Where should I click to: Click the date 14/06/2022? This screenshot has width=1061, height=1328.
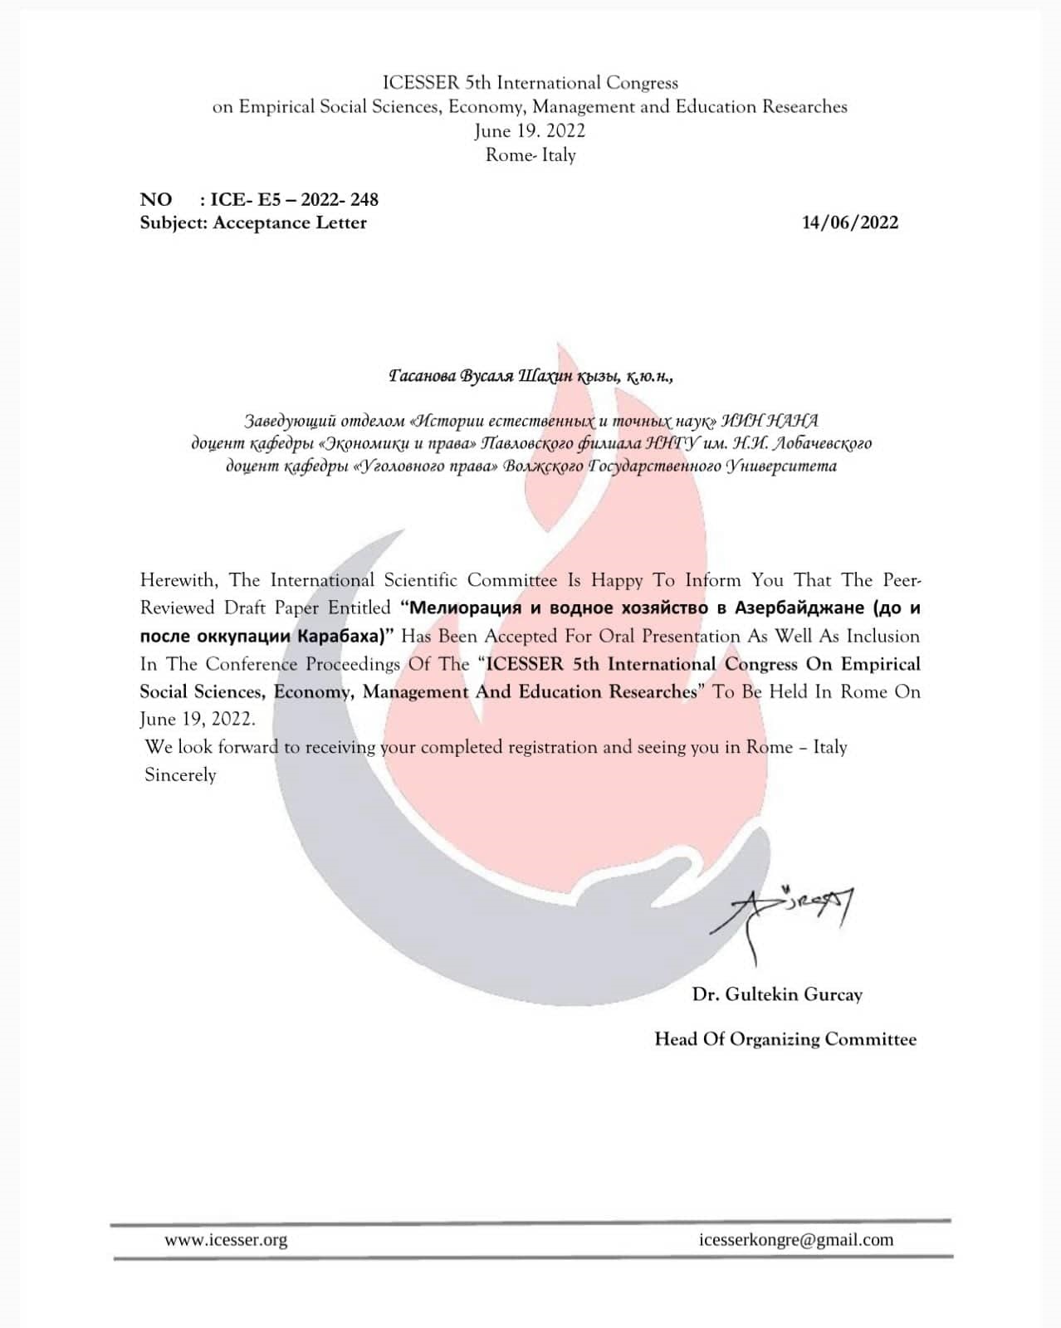[849, 222]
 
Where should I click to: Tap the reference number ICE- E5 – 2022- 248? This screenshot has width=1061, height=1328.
[294, 199]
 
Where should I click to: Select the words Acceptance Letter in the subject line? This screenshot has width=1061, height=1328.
[289, 222]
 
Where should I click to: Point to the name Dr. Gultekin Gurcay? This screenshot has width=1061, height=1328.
[777, 994]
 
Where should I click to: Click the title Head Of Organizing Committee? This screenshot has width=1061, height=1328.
[785, 1039]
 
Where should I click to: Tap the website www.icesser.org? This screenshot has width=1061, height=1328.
[226, 1240]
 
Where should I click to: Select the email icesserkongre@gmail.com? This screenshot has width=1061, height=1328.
[796, 1240]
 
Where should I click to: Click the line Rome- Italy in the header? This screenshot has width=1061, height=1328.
[530, 155]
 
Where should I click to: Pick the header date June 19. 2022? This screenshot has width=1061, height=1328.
[530, 131]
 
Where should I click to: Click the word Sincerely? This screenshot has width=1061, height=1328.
[180, 775]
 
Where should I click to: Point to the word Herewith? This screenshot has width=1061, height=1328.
[178, 580]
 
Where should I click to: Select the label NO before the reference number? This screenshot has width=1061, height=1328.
[156, 199]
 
